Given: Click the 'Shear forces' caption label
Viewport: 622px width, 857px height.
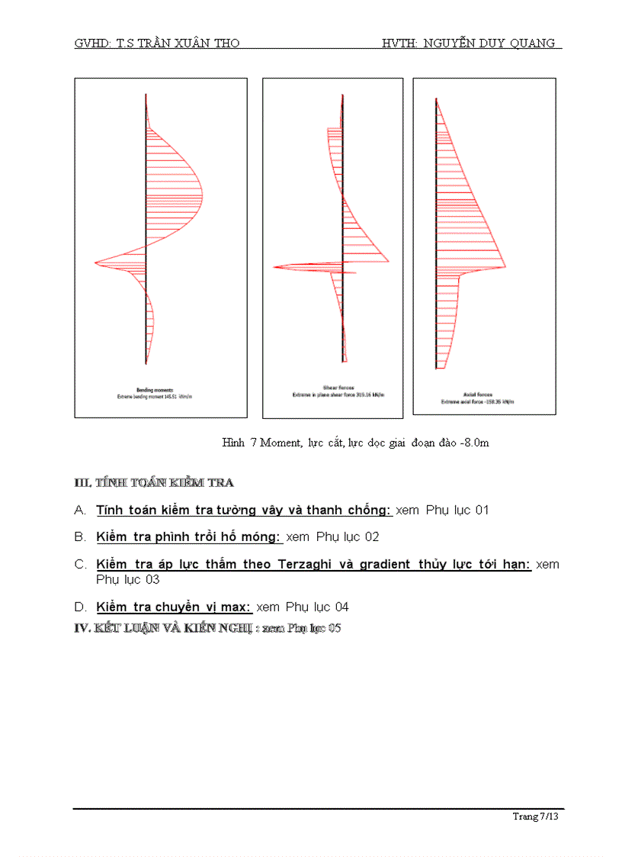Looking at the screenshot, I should tap(333, 388).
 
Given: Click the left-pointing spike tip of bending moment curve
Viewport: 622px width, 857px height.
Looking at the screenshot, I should tap(95, 263).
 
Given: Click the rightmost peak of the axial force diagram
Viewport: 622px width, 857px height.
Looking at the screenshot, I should tap(506, 266).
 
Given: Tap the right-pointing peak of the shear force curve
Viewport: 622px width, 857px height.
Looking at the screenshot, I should tap(389, 260).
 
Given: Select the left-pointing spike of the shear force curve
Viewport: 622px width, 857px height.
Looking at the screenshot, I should tap(274, 266).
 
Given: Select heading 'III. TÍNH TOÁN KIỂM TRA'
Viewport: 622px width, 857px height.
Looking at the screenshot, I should tap(153, 482).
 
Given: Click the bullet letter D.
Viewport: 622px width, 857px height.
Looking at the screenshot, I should tap(79, 607).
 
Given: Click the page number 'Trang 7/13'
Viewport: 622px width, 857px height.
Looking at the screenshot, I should tap(536, 817).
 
